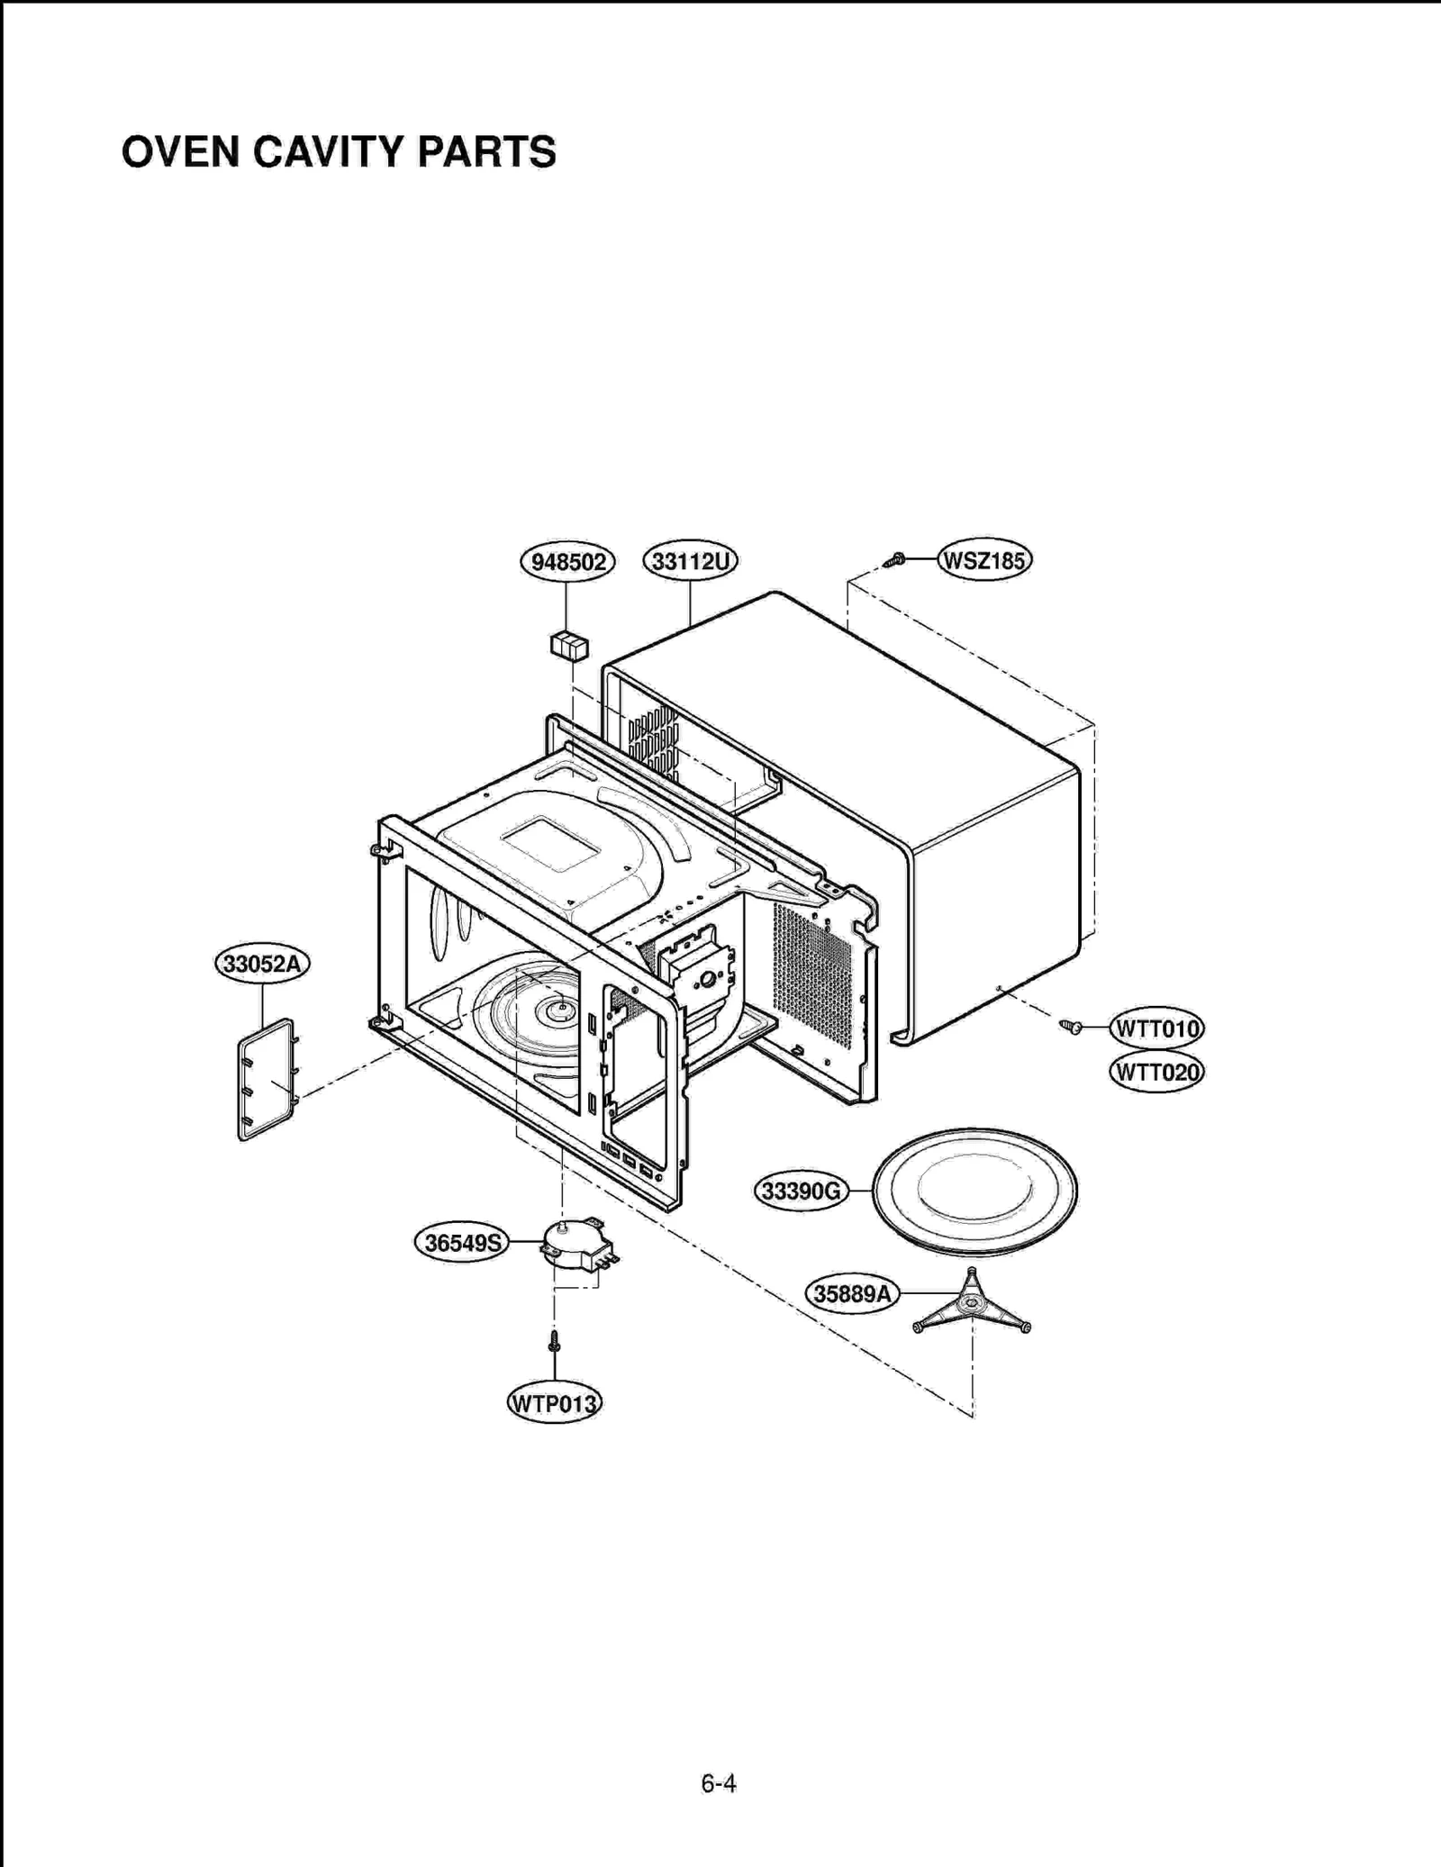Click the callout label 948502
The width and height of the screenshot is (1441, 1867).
click(x=567, y=562)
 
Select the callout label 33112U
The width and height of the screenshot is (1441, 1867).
click(x=690, y=561)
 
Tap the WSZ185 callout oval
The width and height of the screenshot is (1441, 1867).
click(x=983, y=560)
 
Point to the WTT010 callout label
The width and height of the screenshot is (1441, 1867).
click(x=1156, y=1029)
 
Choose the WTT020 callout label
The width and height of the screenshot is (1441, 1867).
click(x=1156, y=1072)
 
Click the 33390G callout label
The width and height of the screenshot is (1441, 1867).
click(x=801, y=1192)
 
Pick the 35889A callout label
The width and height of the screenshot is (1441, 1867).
click(x=851, y=1294)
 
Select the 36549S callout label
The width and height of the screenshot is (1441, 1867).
click(x=462, y=1243)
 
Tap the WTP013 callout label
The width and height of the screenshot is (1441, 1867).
click(x=554, y=1403)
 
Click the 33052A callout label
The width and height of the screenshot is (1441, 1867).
click(x=262, y=964)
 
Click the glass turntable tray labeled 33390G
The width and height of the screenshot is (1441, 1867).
click(x=974, y=1192)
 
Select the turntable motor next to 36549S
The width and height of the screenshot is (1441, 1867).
click(x=575, y=1244)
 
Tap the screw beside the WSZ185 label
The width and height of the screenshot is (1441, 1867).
click(x=895, y=560)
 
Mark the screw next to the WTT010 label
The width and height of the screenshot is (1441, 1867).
click(x=1070, y=1026)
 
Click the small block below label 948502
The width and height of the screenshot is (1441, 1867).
click(x=569, y=646)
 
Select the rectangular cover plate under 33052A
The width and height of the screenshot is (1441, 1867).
click(x=266, y=1079)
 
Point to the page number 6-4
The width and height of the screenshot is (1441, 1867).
click(x=719, y=1783)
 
